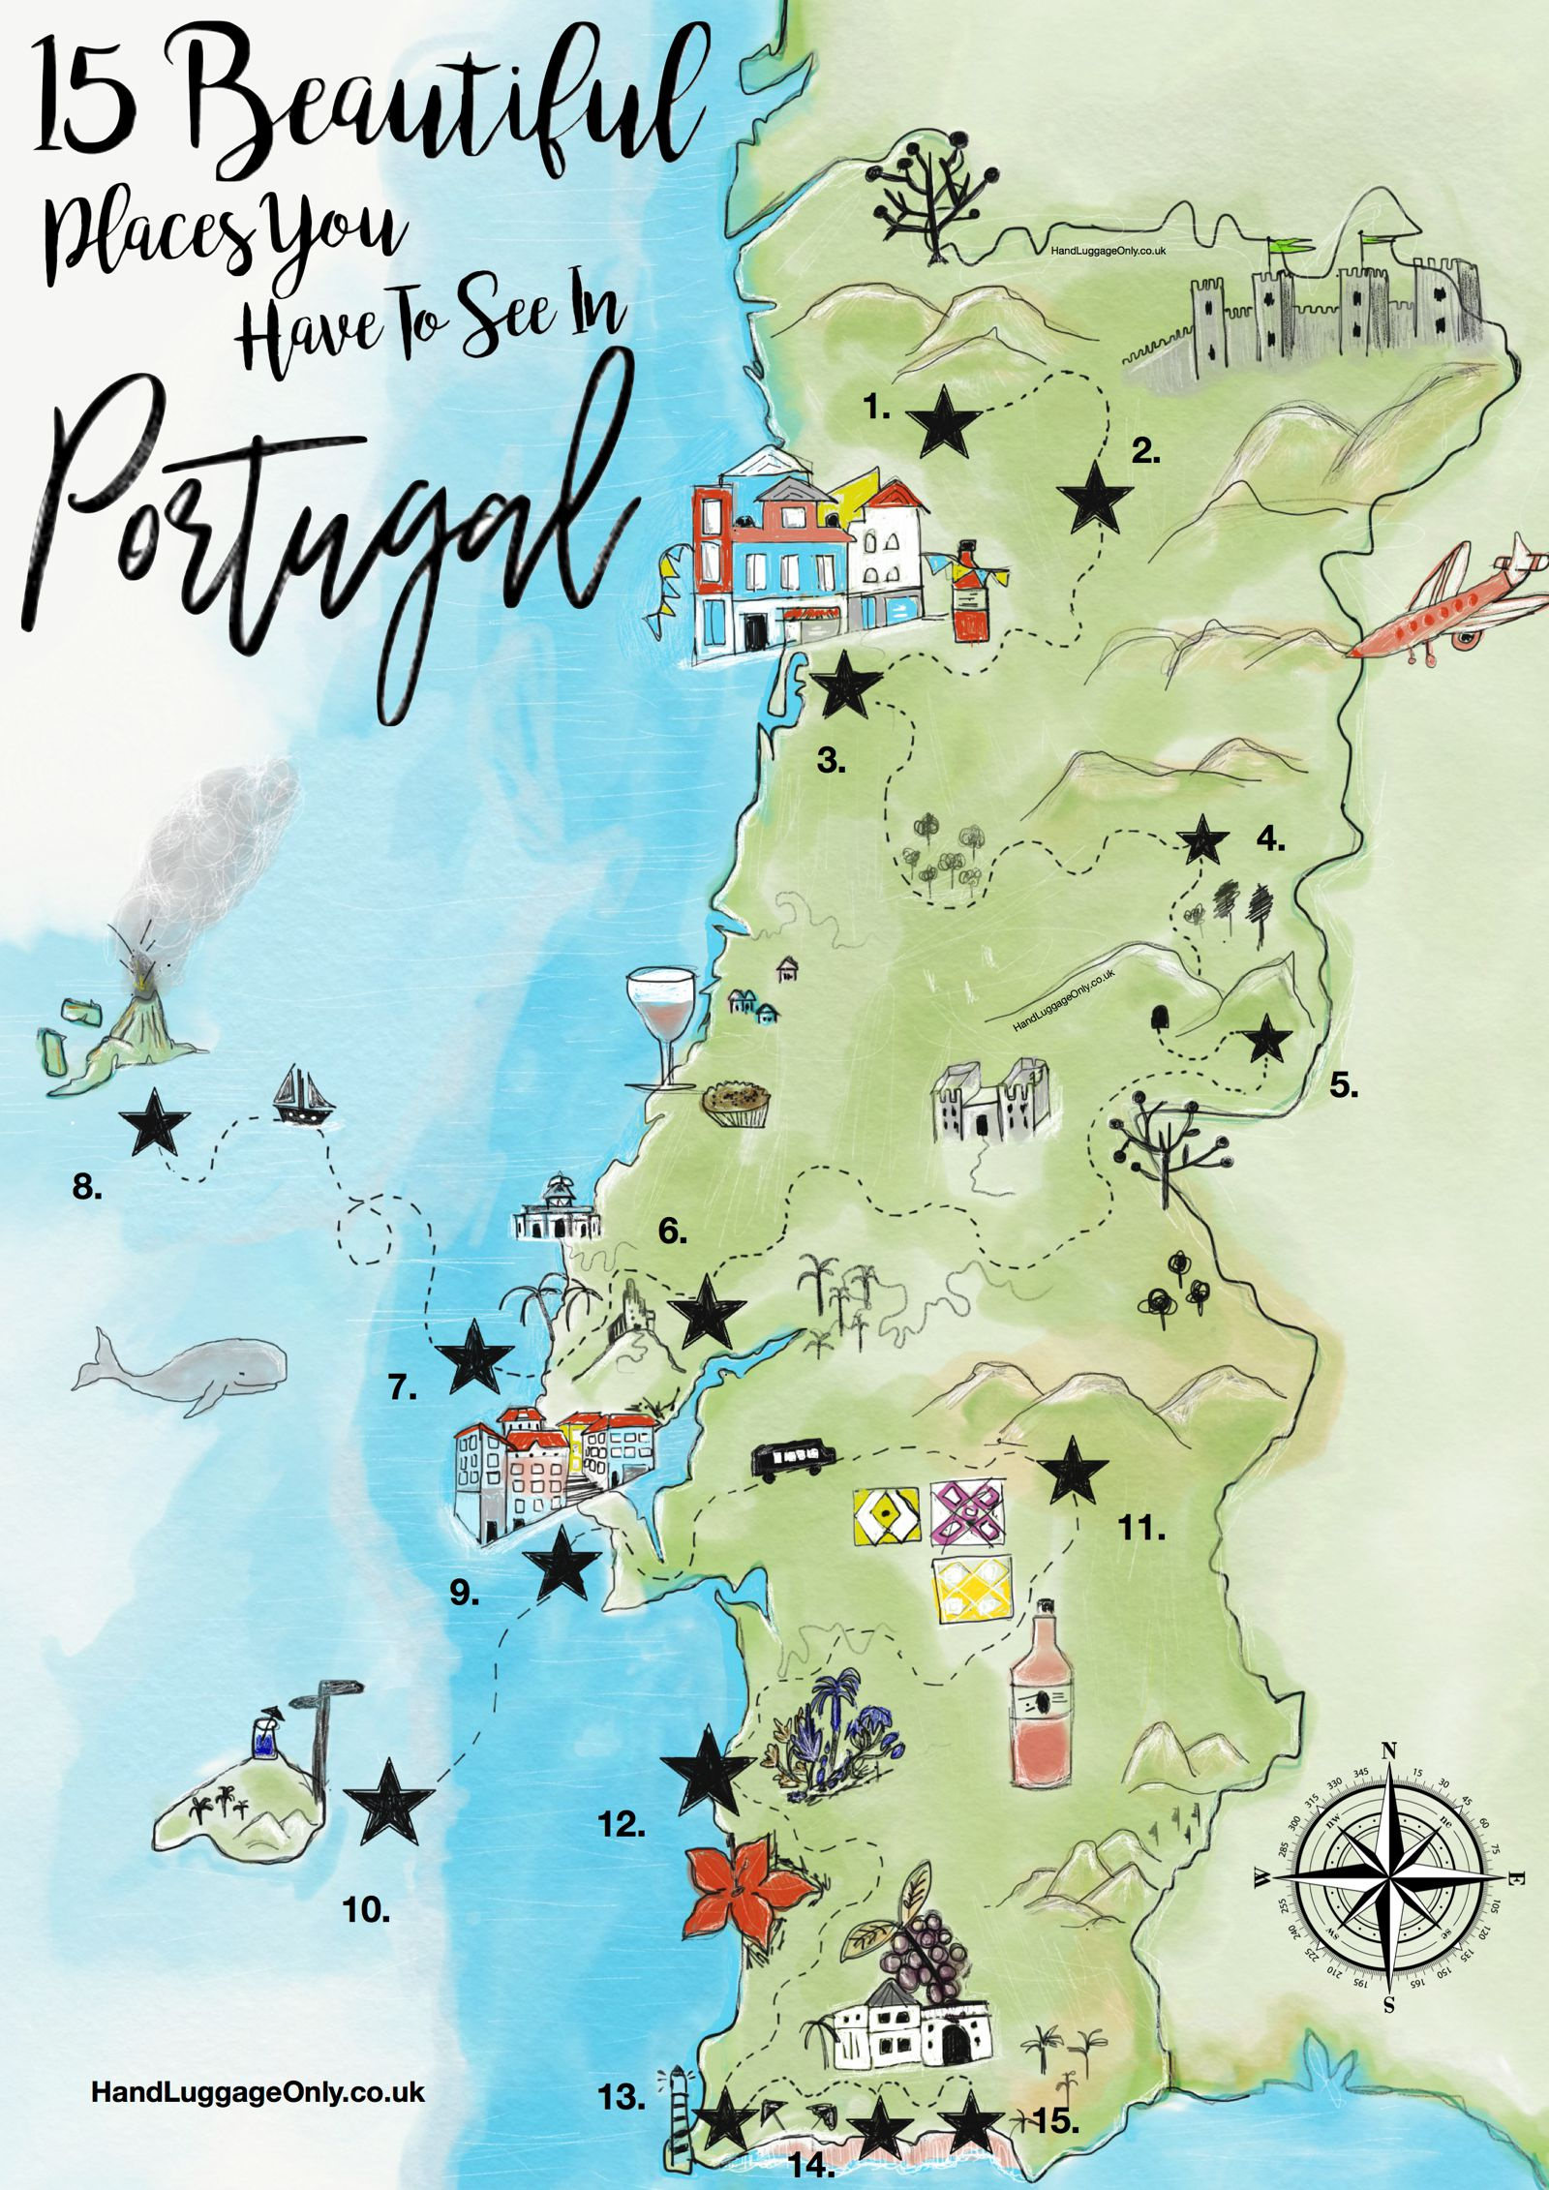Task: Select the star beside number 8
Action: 154,1122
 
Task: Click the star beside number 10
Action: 388,1803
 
